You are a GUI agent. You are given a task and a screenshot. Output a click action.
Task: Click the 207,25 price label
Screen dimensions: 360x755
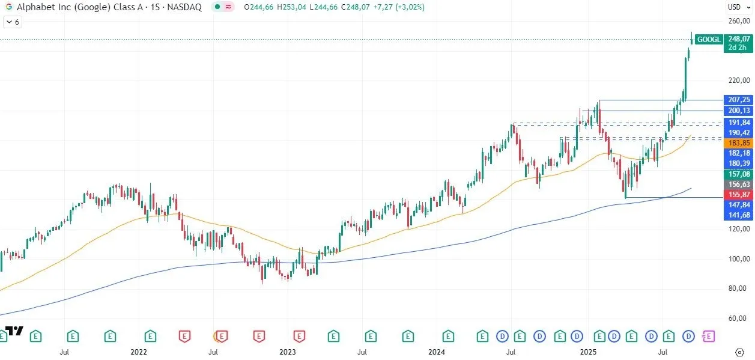pos(738,100)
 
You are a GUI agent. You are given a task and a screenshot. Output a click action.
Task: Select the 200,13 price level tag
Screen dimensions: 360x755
pos(738,111)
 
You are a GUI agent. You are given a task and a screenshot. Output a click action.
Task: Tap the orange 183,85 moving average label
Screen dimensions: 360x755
pos(738,143)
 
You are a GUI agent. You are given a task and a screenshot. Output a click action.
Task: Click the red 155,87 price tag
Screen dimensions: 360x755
pos(738,195)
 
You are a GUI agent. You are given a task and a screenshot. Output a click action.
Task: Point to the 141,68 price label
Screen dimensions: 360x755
pos(738,215)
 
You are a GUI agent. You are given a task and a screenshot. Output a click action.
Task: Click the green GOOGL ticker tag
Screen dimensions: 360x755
pos(708,40)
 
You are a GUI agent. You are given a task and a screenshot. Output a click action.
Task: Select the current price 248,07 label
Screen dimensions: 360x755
pos(738,38)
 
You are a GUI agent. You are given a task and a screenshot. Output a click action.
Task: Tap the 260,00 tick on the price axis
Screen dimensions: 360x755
pos(738,21)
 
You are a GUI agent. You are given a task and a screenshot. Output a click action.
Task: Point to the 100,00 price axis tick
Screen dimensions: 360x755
pos(738,259)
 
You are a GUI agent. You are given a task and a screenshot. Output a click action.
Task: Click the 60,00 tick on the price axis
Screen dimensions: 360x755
pos(738,319)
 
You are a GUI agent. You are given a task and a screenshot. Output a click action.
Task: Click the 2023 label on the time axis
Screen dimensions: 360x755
pos(288,352)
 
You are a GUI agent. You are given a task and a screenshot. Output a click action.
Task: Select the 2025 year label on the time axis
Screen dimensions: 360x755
pos(587,352)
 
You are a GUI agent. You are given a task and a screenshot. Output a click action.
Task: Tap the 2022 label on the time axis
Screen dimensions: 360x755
pos(139,352)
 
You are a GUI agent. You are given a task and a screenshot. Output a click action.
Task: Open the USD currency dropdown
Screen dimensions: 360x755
pos(737,7)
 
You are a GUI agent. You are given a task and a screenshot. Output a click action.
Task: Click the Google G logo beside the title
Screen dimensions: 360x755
pos(9,7)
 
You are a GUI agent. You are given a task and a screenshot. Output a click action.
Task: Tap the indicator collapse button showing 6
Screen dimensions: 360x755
pos(12,22)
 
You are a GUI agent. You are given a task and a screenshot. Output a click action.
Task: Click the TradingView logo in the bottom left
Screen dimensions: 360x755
pos(14,331)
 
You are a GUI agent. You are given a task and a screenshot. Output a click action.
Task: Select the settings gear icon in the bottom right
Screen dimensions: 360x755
pos(739,352)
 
